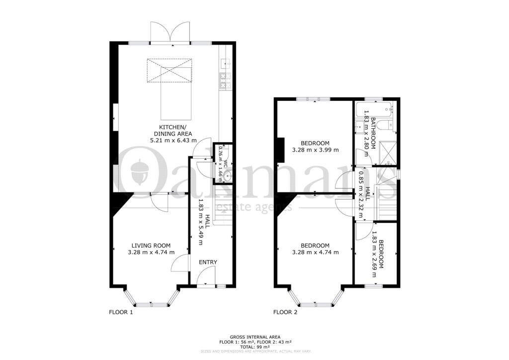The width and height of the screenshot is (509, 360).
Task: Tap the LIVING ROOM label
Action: [151, 246]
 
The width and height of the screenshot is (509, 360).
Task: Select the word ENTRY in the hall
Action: [208, 262]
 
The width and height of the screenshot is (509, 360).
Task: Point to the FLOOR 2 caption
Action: [285, 313]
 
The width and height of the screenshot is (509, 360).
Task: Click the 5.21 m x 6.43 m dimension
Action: [173, 141]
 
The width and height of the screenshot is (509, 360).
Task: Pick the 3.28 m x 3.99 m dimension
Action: [315, 150]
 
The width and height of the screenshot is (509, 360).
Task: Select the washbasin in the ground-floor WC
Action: [228, 176]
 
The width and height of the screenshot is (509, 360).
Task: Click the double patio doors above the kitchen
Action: [170, 32]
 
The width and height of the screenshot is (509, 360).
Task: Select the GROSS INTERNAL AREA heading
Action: [255, 337]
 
